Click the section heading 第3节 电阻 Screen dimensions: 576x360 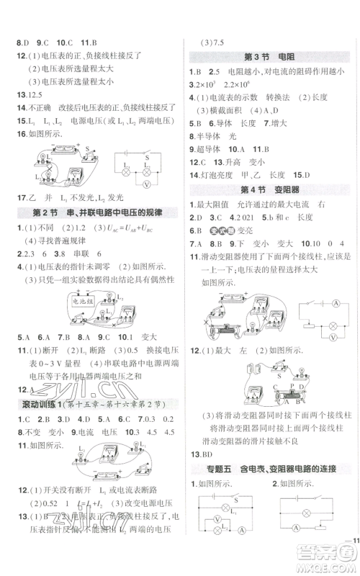click(266, 58)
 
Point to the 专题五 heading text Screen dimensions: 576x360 click(213, 470)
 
